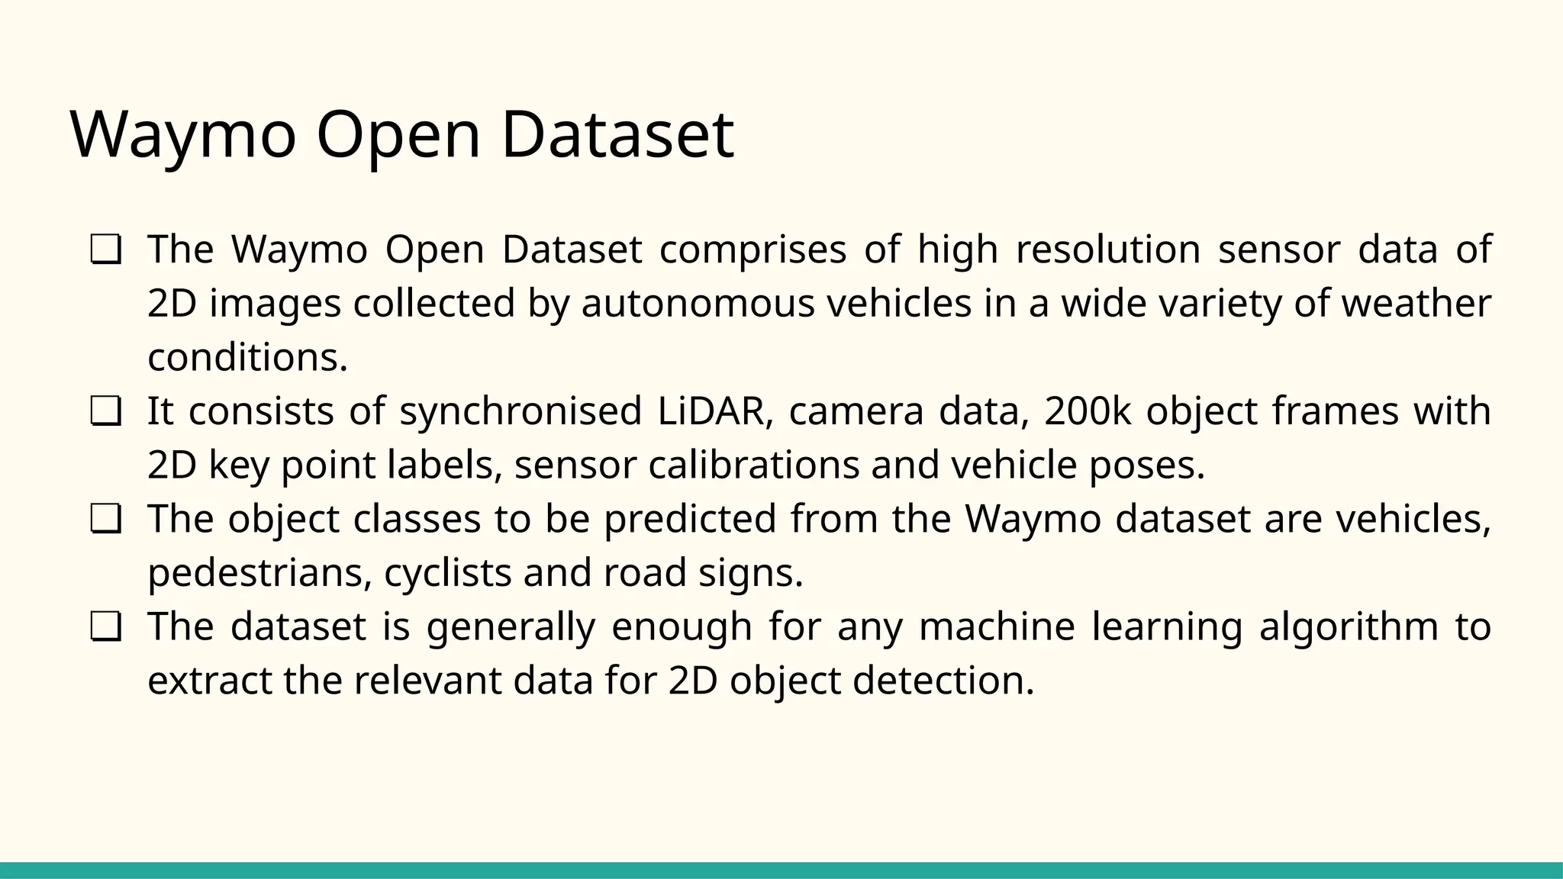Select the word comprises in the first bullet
pyautogui.click(x=752, y=249)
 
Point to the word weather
pyautogui.click(x=1416, y=303)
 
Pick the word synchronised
pyautogui.click(x=520, y=411)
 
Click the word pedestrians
pyautogui.click(x=259, y=572)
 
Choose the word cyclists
pyautogui.click(x=447, y=572)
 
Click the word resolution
pyautogui.click(x=1108, y=249)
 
